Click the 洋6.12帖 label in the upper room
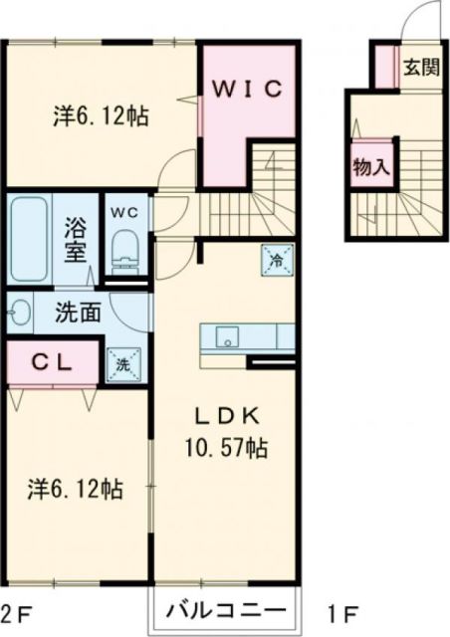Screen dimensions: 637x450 coord(101,116)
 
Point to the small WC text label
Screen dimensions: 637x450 coord(125,212)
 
